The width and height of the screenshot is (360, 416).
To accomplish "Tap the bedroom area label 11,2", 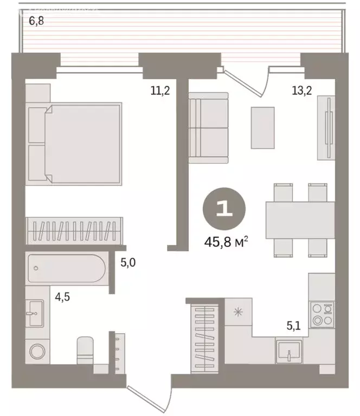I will point(160,90).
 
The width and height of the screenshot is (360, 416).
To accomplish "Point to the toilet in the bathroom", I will point(86,350).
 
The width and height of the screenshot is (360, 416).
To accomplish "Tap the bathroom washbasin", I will point(36,313).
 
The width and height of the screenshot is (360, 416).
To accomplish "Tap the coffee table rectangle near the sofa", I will point(263,127).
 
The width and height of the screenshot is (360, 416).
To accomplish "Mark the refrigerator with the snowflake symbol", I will point(237,312).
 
